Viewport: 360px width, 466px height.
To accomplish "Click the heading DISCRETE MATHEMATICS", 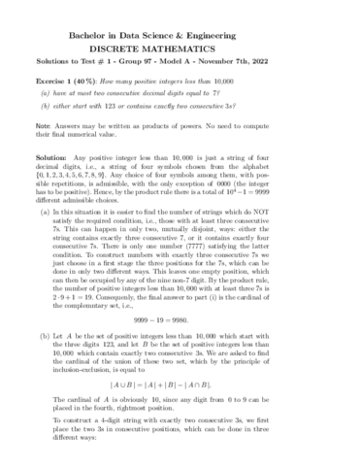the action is (179, 45).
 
